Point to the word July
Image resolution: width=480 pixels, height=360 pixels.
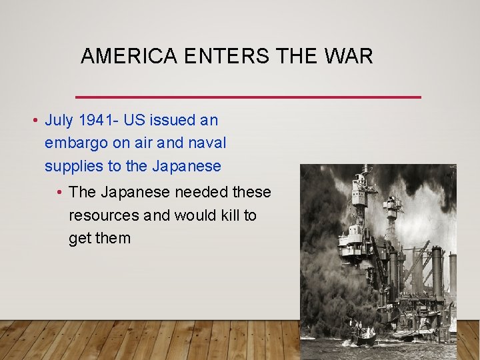59,121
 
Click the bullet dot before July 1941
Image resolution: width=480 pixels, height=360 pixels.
33,121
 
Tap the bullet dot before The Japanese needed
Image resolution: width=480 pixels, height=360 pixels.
59,193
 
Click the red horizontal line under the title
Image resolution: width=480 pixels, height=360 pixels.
249,97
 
